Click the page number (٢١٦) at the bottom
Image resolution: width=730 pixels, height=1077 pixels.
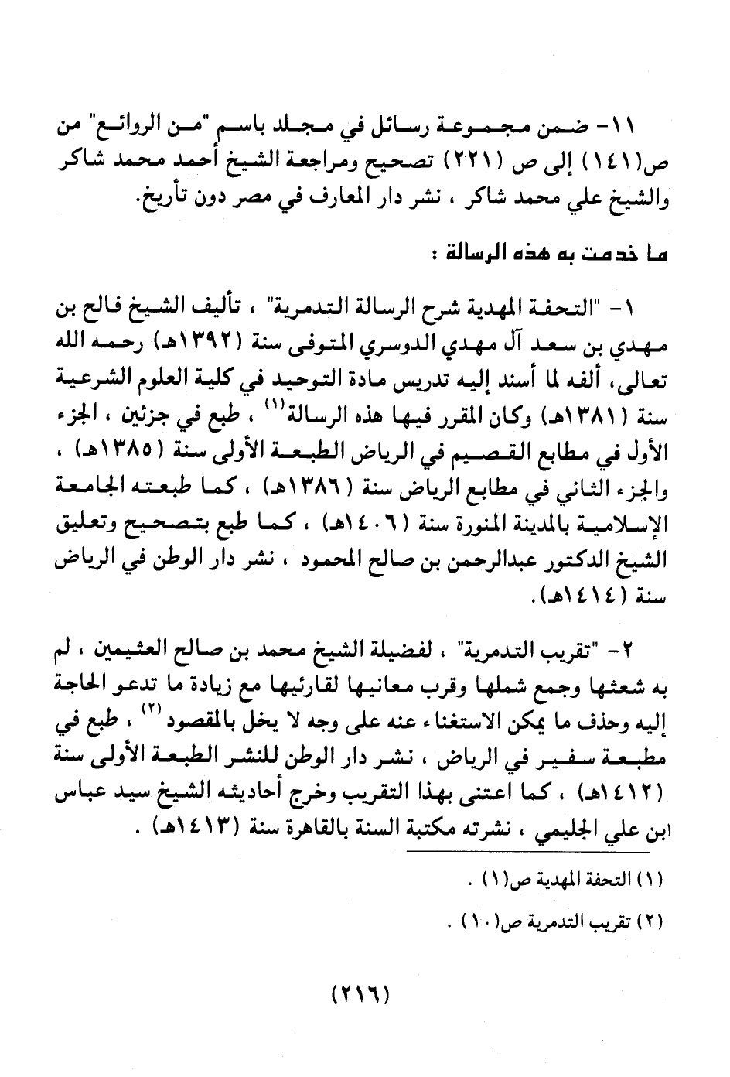tap(360, 993)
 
